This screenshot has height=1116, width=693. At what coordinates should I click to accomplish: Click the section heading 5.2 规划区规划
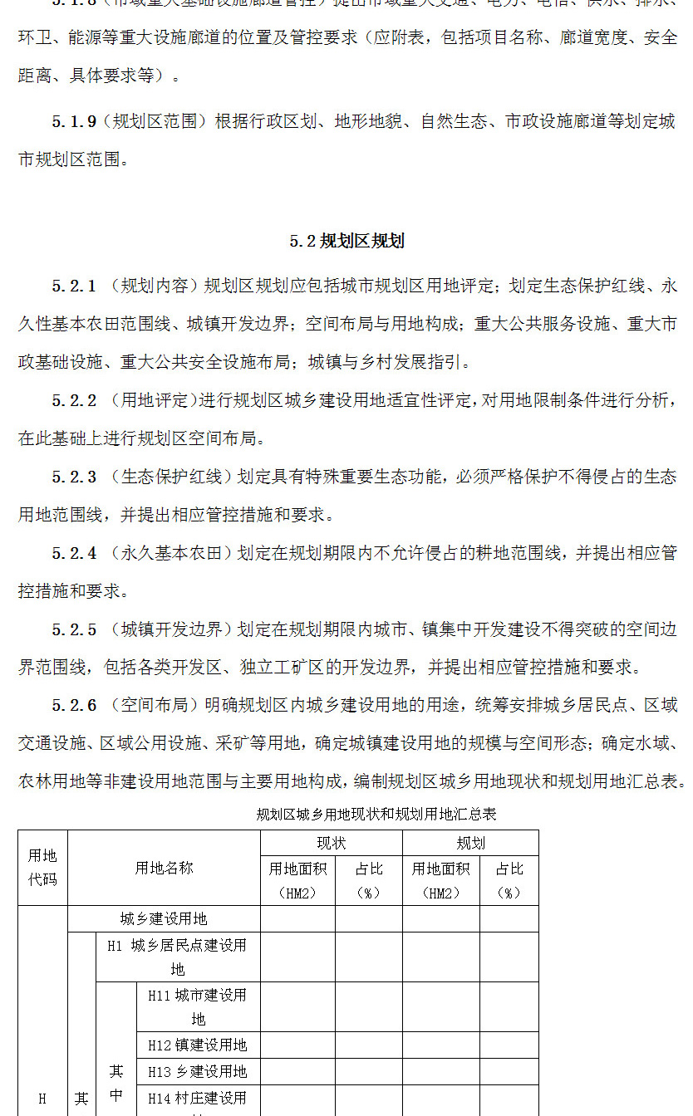tap(346, 242)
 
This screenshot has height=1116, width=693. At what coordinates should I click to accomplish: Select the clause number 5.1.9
tap(73, 121)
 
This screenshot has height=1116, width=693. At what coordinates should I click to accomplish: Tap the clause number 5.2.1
tap(74, 286)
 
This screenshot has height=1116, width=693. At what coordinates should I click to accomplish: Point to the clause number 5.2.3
tap(74, 477)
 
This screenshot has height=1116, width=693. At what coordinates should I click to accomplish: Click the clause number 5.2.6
tap(74, 705)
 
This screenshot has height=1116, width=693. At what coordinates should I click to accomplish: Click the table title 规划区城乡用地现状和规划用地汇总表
tap(376, 814)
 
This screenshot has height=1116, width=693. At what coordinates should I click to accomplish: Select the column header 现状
tap(331, 844)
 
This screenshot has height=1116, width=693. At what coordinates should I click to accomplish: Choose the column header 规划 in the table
tap(470, 844)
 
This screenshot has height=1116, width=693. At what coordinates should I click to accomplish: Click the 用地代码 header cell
tap(42, 867)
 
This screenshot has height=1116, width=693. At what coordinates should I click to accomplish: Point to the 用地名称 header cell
tap(164, 868)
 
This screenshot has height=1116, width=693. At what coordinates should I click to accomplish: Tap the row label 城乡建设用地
tap(164, 918)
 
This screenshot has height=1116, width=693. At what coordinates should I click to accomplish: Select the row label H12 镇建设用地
tap(198, 1045)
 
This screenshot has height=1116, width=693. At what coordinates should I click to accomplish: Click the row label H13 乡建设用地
tap(198, 1071)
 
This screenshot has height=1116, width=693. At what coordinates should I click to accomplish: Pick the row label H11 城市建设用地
tap(198, 1006)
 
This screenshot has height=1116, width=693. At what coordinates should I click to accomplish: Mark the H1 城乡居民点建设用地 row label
tap(177, 957)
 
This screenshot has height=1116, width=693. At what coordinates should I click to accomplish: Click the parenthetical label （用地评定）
tap(154, 401)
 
